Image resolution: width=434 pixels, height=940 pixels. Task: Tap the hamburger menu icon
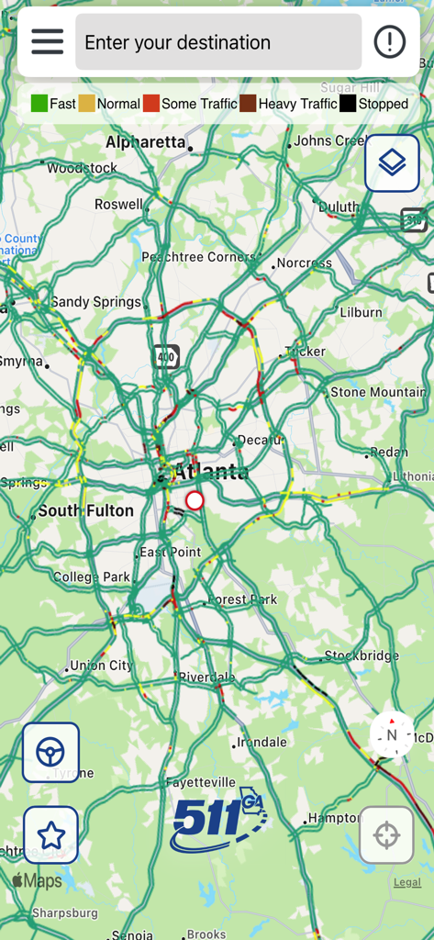pos(47,41)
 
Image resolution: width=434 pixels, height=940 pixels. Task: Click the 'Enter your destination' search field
pos(218,42)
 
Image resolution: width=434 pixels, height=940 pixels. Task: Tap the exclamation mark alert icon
pos(390,41)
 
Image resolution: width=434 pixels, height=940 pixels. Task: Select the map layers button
pos(392,162)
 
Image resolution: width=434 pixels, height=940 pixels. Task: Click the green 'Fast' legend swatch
pos(39,104)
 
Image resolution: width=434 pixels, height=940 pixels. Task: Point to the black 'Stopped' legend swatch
pos(348,104)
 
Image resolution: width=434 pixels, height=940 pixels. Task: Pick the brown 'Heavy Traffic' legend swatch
pos(248,104)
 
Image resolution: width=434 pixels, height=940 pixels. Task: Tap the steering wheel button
pos(50,753)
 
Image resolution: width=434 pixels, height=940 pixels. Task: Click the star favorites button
pos(50,835)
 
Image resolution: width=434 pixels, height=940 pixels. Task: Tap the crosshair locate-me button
pos(386,835)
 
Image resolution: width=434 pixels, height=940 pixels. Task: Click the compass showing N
pos(392,734)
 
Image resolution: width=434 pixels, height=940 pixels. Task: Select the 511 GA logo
pos(217,819)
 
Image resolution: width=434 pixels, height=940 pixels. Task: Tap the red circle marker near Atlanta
pos(195,500)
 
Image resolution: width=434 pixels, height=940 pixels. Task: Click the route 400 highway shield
pos(165,356)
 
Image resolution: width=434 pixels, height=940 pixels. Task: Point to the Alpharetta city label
pos(146,142)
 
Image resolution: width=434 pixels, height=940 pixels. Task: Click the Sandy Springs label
pos(95,302)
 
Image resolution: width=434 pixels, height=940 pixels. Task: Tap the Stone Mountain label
pos(378,392)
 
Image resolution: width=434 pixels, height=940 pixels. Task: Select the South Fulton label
pos(85,510)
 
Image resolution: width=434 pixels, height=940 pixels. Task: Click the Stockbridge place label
pos(362,656)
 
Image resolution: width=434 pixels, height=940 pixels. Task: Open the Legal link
pos(407,882)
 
